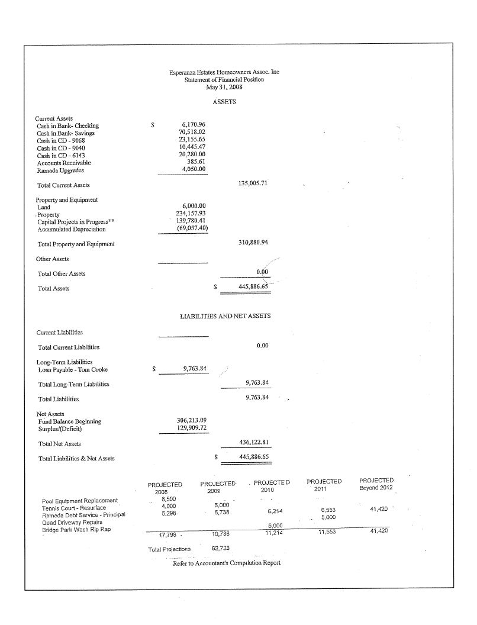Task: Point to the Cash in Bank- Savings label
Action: click(66, 133)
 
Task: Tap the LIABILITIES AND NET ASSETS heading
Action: click(225, 316)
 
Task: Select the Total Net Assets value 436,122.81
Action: click(253, 443)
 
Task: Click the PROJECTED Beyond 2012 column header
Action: click(376, 484)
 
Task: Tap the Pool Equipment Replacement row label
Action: click(80, 501)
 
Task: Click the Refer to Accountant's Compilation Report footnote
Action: click(227, 563)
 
